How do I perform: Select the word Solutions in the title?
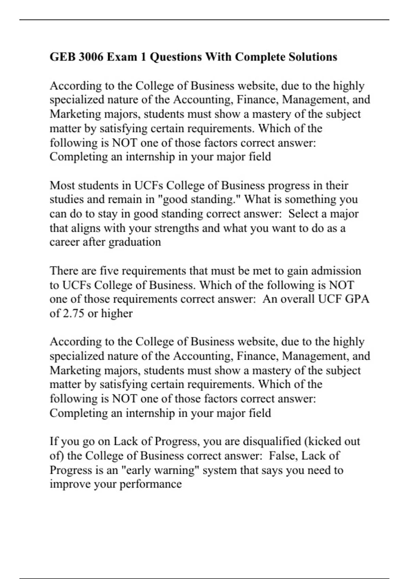[313, 57]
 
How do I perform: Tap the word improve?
[70, 484]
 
